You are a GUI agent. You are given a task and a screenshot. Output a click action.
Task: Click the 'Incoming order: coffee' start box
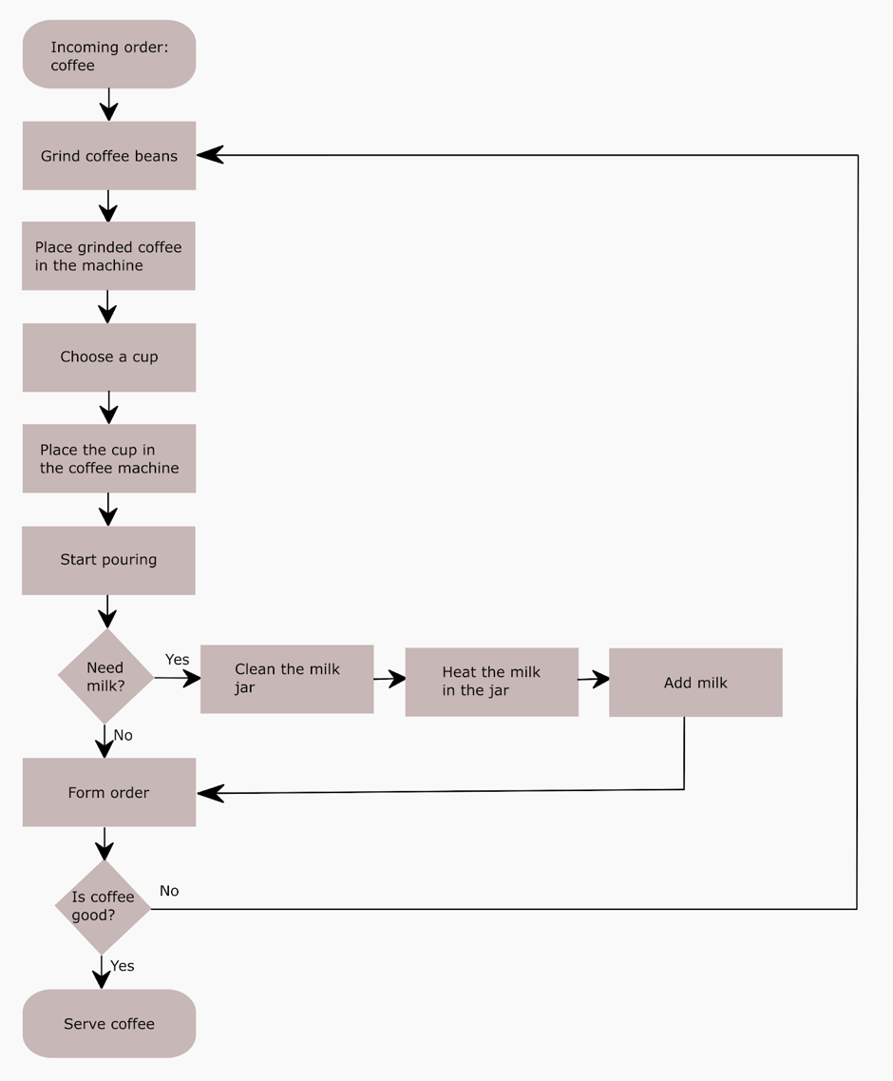pos(109,55)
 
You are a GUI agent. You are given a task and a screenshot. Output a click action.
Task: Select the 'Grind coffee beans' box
pos(109,156)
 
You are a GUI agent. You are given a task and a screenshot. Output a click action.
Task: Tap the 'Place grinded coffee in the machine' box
pos(109,257)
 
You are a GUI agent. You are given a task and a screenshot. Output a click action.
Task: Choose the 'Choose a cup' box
pos(109,357)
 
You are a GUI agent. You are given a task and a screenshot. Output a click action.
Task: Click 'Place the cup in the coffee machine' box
pos(109,459)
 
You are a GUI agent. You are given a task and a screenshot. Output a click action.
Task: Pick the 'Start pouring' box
pos(109,560)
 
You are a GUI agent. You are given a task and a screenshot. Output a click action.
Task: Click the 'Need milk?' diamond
pos(105,676)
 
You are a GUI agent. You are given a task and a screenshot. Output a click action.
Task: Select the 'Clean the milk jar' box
pos(287,679)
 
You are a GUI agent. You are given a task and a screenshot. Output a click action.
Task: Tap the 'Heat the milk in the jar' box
pos(491,682)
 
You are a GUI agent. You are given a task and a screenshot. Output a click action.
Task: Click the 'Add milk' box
pos(695,683)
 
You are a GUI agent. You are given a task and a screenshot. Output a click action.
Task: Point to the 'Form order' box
pos(109,792)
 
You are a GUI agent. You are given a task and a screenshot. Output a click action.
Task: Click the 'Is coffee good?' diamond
pos(103,907)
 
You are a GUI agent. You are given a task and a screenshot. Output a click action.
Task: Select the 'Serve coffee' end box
pos(109,1024)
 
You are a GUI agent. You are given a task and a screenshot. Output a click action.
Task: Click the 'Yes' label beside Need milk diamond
pos(177,660)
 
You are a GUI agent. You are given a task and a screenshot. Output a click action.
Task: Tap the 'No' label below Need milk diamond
pos(123,736)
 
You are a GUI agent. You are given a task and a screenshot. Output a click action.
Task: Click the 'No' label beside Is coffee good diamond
pos(169,891)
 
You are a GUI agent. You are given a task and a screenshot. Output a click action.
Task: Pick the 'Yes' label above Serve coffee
pos(123,966)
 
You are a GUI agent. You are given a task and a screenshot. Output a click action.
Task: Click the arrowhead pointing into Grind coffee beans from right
pos(209,155)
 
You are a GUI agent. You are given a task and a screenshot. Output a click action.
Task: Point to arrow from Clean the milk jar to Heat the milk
pos(389,679)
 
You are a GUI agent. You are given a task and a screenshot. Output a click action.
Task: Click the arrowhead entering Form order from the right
pos(210,792)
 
